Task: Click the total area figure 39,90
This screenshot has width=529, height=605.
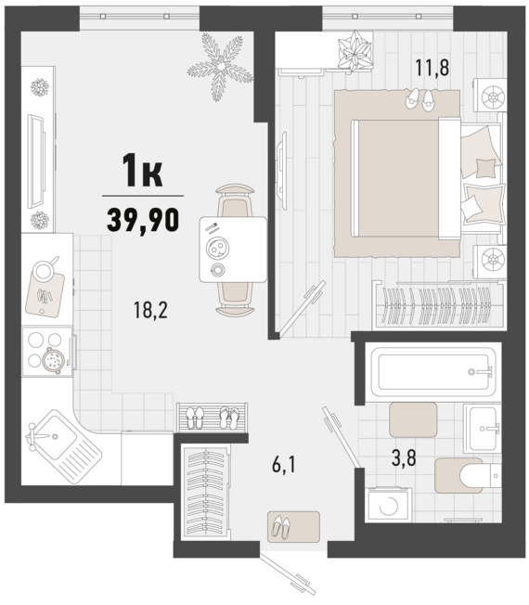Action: pos(143,219)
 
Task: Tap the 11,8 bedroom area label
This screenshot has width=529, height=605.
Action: pos(432,67)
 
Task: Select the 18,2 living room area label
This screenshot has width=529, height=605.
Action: pos(150,310)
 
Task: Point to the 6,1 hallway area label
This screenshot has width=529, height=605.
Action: pos(284,465)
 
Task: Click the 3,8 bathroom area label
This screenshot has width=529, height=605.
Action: pos(404,458)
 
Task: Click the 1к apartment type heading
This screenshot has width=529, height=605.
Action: pos(142,171)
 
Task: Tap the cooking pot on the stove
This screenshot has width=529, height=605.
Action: pos(53,360)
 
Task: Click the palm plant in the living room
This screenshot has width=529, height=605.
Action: pos(221,67)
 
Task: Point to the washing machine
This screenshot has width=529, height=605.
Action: pos(389,506)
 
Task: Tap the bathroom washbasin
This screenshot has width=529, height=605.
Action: pos(483,429)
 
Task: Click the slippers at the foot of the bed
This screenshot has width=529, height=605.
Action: pos(419,100)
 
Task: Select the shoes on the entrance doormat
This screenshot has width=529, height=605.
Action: pos(280,527)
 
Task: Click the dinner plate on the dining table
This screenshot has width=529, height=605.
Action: pos(217,248)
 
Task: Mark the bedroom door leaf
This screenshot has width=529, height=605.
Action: pos(303,308)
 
